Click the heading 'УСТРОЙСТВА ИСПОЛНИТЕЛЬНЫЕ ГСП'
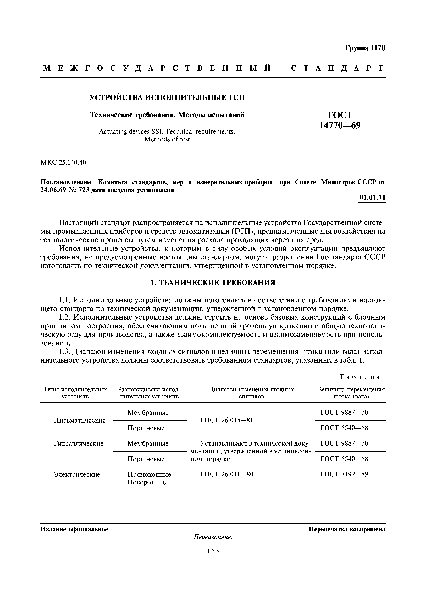[167, 98]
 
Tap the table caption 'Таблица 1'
[362, 377]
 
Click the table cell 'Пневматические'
[80, 420]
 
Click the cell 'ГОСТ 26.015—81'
[227, 420]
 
